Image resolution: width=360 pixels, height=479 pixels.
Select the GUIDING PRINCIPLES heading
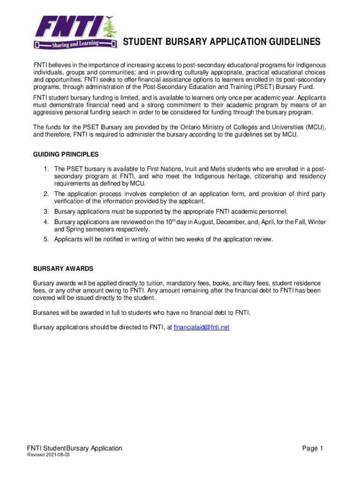click(65, 154)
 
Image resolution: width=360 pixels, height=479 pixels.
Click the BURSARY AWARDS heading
click(63, 269)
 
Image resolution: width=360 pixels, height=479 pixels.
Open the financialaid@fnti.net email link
click(202, 327)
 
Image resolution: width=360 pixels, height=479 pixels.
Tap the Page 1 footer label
click(313, 449)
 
